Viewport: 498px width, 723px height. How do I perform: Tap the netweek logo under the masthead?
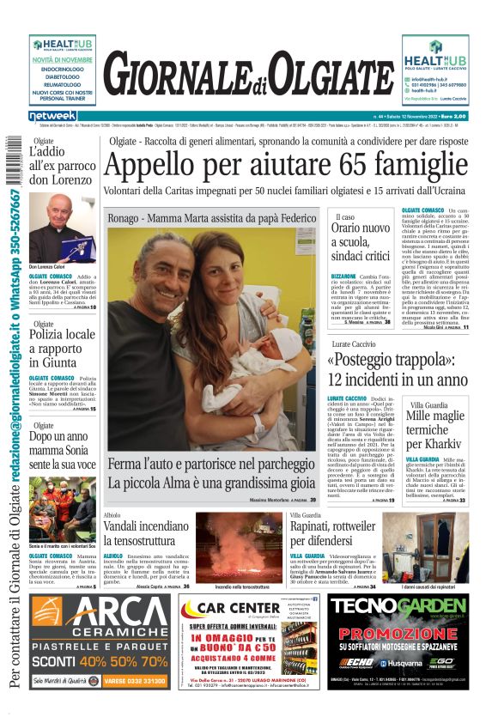click(52, 116)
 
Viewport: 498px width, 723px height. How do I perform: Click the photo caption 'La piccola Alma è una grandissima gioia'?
click(211, 482)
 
